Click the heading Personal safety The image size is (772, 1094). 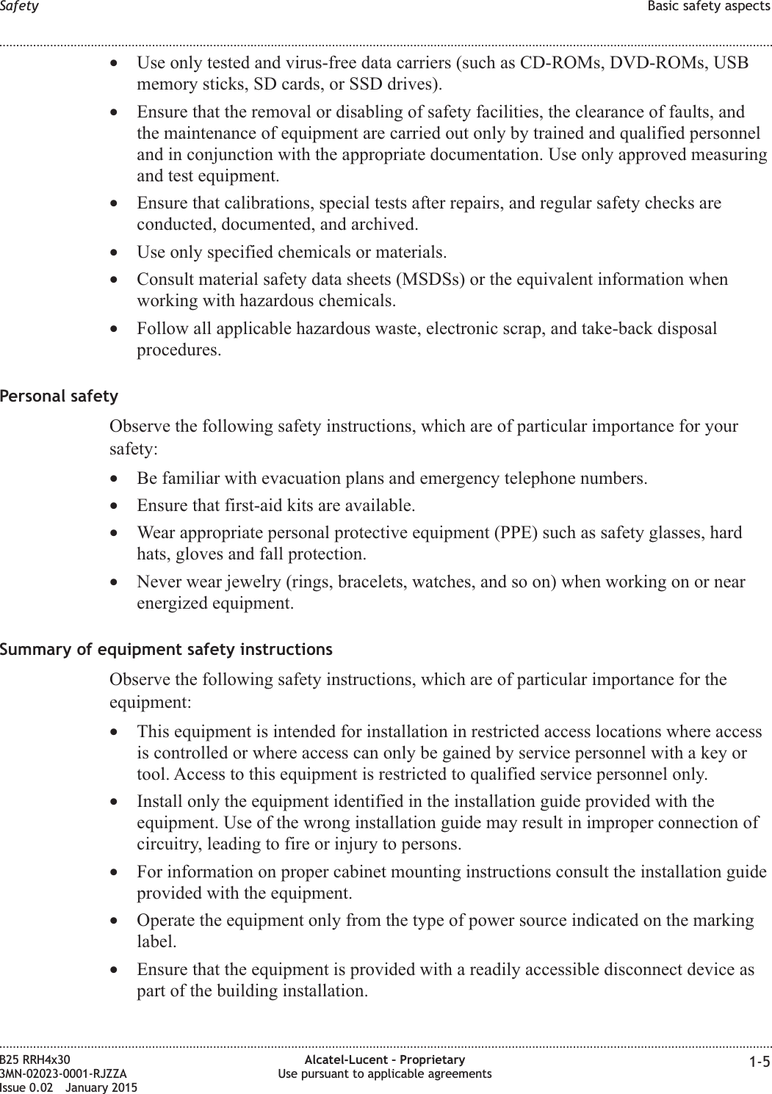(x=59, y=396)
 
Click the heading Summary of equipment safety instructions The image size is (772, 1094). (x=166, y=650)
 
